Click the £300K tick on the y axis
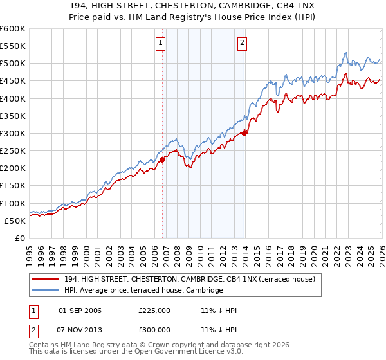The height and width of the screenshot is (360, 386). point(12,133)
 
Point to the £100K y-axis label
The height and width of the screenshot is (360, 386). point(12,203)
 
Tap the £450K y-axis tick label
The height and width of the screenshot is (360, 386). point(12,81)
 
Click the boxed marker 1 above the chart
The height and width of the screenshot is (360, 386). point(160,44)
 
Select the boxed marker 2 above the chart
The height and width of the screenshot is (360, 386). point(242,44)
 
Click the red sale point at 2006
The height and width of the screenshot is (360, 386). point(162,160)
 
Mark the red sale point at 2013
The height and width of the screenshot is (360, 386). point(244,134)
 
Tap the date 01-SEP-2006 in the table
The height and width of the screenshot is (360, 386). point(80,310)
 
